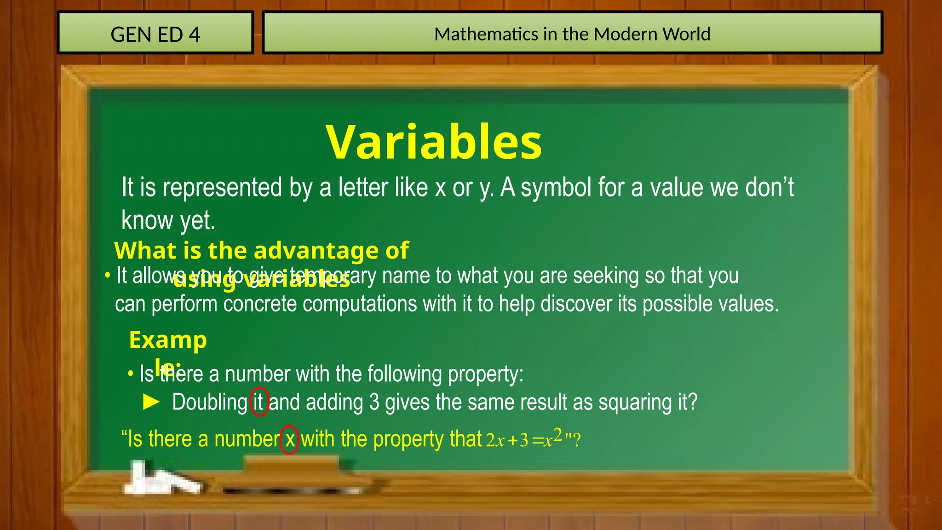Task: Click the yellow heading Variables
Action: [434, 142]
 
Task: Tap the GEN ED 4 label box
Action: [155, 33]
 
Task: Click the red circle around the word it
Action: [259, 402]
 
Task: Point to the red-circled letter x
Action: [289, 439]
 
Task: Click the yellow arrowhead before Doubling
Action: [151, 402]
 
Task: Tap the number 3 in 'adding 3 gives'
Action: [374, 402]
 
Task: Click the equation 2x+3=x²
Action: [524, 439]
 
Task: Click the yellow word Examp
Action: [168, 340]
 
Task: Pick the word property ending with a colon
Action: [485, 374]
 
